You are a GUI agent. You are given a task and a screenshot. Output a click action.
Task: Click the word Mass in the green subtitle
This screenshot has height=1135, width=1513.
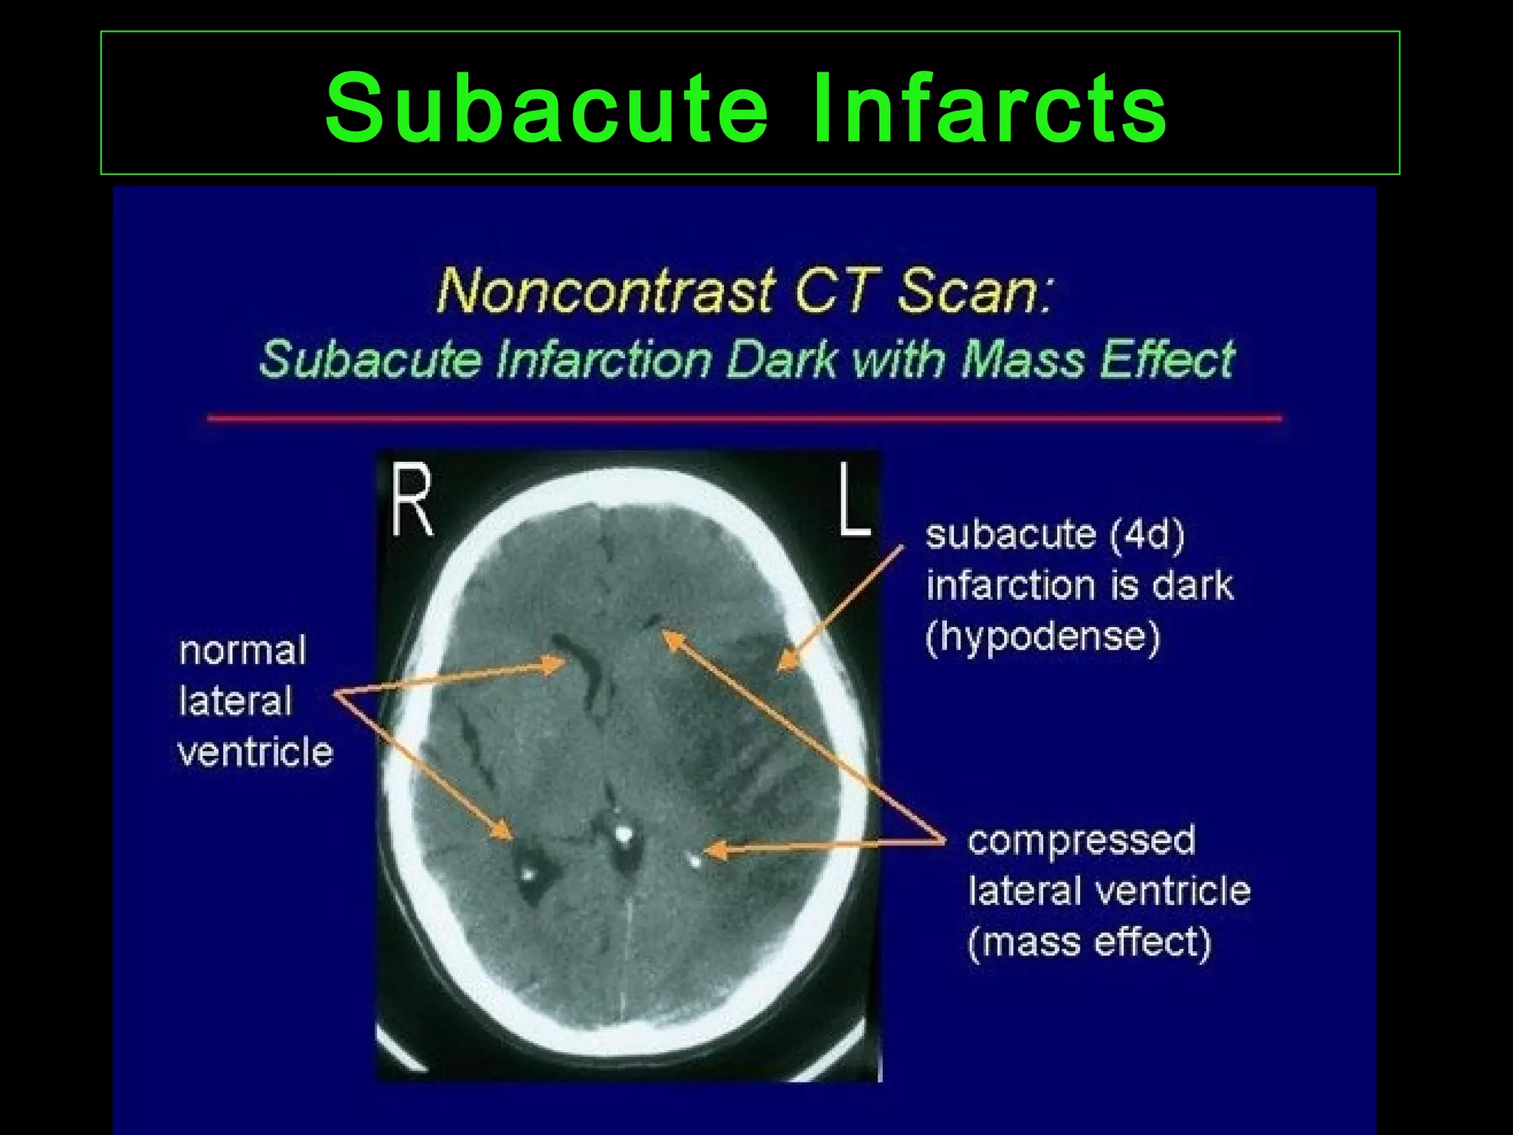[1022, 360]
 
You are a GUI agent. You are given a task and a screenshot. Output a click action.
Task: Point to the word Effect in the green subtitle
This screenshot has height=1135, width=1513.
[1167, 360]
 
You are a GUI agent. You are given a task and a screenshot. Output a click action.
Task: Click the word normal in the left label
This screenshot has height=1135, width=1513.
[242, 651]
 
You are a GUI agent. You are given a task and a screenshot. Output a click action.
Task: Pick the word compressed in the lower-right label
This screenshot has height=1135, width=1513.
[1081, 841]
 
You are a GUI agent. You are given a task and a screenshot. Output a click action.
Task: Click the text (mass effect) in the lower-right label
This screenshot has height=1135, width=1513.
[1090, 943]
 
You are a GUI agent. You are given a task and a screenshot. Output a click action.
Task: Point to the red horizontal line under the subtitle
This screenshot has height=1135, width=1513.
[745, 419]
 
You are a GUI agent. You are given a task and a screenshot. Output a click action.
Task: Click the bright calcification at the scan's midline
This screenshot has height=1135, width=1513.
[624, 835]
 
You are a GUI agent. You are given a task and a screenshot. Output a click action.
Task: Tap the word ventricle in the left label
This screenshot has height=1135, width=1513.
[256, 753]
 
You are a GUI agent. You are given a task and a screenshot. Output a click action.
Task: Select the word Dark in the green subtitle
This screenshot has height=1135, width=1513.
[782, 360]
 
